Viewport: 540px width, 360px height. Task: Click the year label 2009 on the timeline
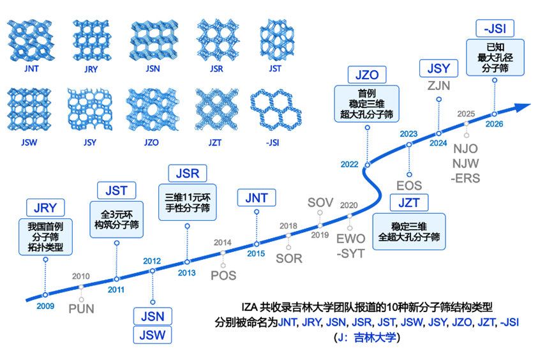[x=45, y=306]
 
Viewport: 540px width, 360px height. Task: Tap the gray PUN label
[x=81, y=309]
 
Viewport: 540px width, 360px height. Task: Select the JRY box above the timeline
[x=45, y=207]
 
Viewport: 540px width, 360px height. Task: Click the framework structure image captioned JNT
[x=31, y=41]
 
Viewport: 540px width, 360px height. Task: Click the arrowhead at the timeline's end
[x=523, y=107]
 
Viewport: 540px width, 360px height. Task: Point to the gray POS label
[x=223, y=276]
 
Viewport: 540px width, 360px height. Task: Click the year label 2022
[x=350, y=164]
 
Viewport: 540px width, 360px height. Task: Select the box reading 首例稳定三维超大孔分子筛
[x=367, y=103]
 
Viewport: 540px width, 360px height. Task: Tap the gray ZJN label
[x=439, y=86]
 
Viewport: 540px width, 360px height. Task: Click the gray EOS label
[x=409, y=186]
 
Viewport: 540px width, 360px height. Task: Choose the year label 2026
[x=494, y=124]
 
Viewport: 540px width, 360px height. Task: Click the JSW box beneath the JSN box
[x=153, y=335]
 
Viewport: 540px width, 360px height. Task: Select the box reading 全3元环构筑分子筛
[x=116, y=220]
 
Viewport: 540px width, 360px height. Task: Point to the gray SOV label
[x=320, y=202]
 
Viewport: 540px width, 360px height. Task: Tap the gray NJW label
[x=465, y=163]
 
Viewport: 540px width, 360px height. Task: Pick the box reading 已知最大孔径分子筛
[x=495, y=57]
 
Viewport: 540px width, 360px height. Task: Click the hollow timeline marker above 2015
[x=257, y=244]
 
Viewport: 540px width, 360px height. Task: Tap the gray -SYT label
[x=350, y=253]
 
